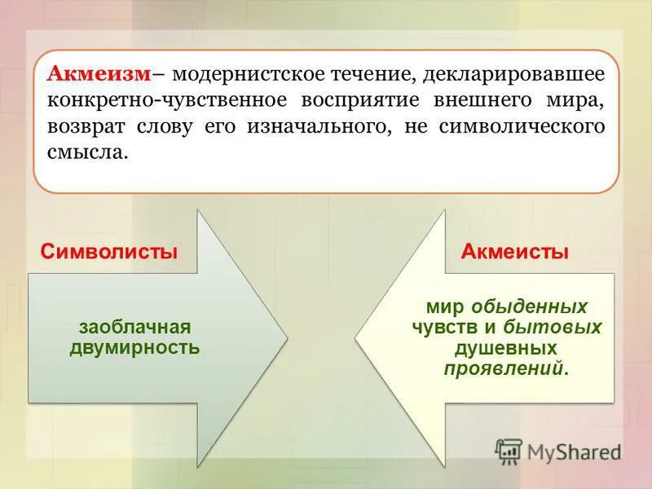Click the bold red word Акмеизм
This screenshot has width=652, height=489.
pyautogui.click(x=99, y=75)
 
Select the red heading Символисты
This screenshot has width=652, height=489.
pyautogui.click(x=108, y=252)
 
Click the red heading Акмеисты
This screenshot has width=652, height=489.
pyautogui.click(x=514, y=252)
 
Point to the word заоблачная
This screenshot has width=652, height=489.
pyautogui.click(x=134, y=328)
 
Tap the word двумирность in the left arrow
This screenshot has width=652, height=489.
pyautogui.click(x=134, y=347)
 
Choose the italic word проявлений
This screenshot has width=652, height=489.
pyautogui.click(x=504, y=368)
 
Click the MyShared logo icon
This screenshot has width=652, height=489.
pyautogui.click(x=509, y=451)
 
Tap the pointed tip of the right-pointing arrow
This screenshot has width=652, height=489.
pyautogui.click(x=286, y=337)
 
